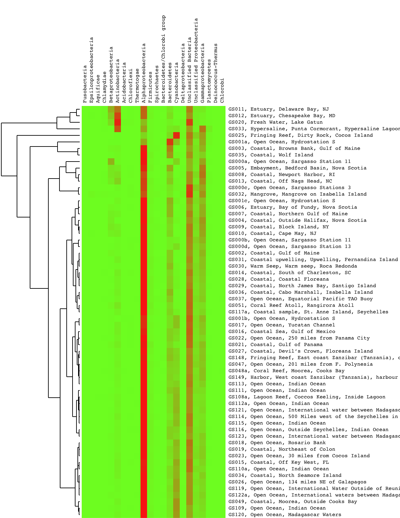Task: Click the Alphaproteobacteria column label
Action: [x=144, y=73]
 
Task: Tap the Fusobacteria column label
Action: [x=85, y=84]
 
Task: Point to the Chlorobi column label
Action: [x=222, y=90]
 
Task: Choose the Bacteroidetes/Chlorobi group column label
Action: [x=163, y=59]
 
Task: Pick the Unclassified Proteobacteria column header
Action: [x=196, y=60]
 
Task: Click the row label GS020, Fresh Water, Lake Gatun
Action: [x=275, y=122]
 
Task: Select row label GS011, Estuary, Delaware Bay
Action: [x=278, y=109]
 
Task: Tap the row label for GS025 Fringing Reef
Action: [x=300, y=135]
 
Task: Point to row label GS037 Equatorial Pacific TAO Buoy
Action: [x=300, y=299]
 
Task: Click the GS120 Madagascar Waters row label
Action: [x=285, y=515]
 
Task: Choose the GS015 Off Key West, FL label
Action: [x=278, y=462]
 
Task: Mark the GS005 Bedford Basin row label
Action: [x=297, y=168]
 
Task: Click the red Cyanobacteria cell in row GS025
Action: [x=176, y=135]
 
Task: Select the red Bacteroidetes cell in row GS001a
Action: [x=170, y=142]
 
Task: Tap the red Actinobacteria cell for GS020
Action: [x=118, y=122]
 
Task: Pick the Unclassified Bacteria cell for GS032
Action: [x=190, y=194]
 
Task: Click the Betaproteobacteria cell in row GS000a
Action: [x=111, y=162]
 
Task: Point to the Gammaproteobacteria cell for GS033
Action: [x=203, y=129]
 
